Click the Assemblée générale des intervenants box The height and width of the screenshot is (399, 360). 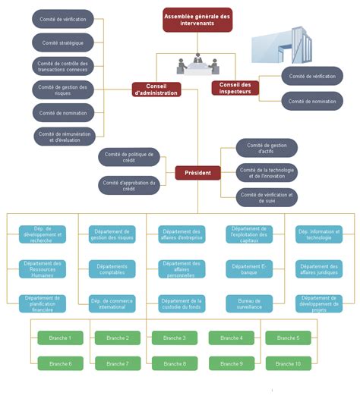tap(197, 20)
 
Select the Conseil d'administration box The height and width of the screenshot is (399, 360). tap(157, 90)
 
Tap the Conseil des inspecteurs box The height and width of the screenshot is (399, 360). tap(235, 88)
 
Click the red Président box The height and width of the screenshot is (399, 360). tap(197, 173)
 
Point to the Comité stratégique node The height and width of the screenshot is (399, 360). tap(63, 42)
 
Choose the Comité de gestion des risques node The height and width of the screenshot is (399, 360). tap(63, 90)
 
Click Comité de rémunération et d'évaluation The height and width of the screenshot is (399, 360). tap(63, 137)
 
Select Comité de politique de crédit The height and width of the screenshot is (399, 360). tap(128, 157)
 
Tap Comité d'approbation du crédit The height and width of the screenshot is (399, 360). tap(128, 185)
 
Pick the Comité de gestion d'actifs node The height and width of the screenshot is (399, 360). tap(266, 148)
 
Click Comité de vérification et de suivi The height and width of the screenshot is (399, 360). tap(266, 197)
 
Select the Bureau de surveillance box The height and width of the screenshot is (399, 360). tap(249, 303)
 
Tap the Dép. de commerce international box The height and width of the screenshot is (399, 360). tap(112, 303)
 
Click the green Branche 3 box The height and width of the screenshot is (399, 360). tap(174, 338)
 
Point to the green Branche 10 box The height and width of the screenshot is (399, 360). tap(288, 364)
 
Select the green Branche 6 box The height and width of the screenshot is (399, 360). tap(60, 364)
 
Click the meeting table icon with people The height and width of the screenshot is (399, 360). tap(197, 64)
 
